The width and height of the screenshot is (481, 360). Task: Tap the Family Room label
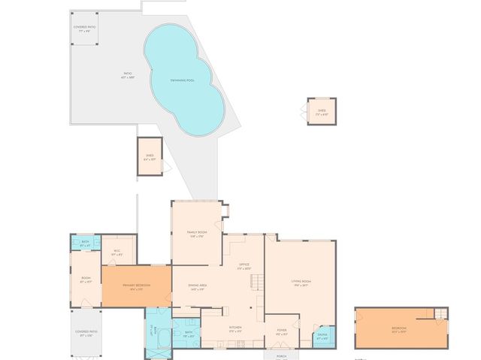197,234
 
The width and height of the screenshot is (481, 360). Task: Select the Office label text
244,266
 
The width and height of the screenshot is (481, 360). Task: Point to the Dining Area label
198,288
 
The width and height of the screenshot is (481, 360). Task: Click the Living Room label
301,283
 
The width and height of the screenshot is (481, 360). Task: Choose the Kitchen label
235,328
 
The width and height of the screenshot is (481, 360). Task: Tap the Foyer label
282,331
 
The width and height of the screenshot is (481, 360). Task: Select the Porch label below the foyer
282,355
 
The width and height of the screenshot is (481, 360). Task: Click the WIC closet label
117,253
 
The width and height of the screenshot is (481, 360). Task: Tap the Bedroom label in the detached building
398,329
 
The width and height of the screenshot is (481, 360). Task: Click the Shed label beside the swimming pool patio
150,157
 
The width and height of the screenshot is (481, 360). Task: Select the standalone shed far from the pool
322,111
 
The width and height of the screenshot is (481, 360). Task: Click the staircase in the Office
256,283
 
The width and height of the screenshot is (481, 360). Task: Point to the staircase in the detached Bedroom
436,313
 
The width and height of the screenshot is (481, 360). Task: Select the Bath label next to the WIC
86,244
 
